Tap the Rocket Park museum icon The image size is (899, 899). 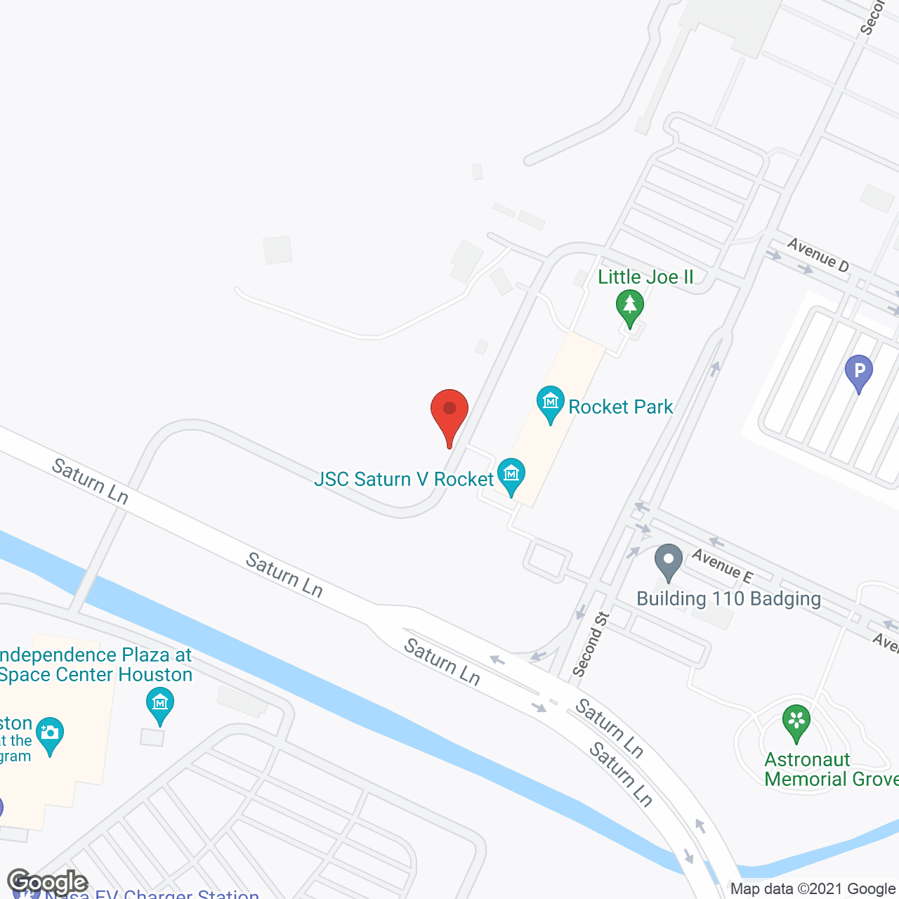click(551, 403)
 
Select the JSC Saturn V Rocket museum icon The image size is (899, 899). click(511, 475)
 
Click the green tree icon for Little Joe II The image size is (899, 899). click(630, 307)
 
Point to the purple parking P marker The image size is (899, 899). click(858, 371)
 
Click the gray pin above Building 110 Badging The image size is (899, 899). click(668, 561)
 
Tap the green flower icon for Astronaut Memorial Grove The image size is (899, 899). click(796, 722)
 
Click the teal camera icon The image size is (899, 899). click(49, 733)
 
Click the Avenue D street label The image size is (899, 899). click(818, 255)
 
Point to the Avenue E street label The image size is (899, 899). click(722, 566)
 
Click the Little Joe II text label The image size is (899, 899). click(645, 277)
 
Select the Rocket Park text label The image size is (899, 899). click(621, 407)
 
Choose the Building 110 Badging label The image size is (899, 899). click(728, 598)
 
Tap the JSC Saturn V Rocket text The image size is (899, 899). click(404, 479)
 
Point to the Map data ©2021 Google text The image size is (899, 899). click(813, 889)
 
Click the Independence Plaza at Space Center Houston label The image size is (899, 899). click(96, 664)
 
